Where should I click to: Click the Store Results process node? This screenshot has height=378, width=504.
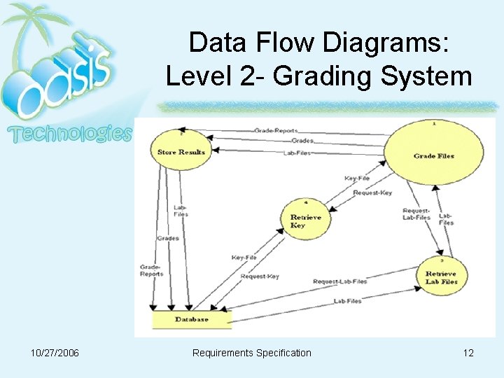[181, 152]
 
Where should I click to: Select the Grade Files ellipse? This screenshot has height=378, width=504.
[433, 155]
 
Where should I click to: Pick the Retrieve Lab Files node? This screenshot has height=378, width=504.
[441, 277]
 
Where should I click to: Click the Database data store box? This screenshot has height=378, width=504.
[192, 319]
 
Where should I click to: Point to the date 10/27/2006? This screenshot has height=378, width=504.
[55, 353]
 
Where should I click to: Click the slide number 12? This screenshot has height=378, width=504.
[468, 353]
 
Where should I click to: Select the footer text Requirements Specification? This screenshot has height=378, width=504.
[252, 353]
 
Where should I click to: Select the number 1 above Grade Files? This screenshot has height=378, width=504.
[434, 123]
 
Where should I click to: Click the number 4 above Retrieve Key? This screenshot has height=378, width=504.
[306, 202]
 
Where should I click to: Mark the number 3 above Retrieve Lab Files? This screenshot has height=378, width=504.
[442, 260]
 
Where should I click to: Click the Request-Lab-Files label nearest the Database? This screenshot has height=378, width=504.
[339, 281]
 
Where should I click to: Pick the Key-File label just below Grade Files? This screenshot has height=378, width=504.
[357, 178]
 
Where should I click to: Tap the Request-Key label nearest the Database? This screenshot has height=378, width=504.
[260, 276]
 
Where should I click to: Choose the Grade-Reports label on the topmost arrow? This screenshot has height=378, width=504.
[276, 130]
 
